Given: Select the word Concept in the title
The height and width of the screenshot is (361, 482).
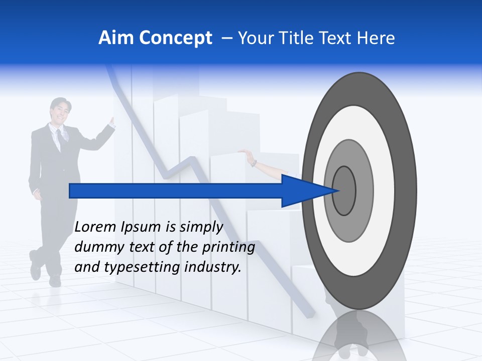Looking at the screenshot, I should pos(175,39).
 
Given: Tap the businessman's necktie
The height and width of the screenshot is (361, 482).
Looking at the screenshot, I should pos(60,137).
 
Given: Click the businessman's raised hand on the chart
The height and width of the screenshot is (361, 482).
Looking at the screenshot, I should pos(111,122).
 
